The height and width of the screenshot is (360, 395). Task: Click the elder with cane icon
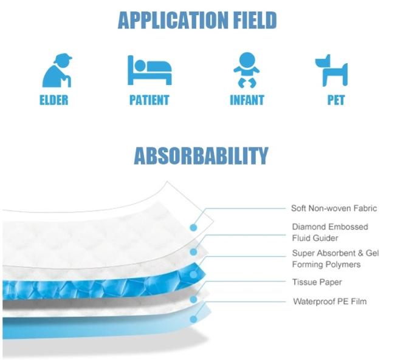click(x=57, y=70)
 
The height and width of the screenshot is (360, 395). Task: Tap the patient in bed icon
click(x=149, y=70)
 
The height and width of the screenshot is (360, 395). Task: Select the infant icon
click(x=247, y=70)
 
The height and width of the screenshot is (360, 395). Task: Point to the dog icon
click(x=332, y=70)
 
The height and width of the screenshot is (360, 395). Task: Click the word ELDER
click(x=54, y=100)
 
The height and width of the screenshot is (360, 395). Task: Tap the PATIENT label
click(x=149, y=100)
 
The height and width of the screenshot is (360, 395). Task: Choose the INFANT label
click(x=247, y=100)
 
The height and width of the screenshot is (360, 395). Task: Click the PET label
click(x=336, y=100)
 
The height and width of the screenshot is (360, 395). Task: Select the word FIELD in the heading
click(x=255, y=20)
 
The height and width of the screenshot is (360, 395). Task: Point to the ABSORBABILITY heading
click(x=201, y=156)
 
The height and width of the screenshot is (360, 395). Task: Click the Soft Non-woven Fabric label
click(x=334, y=208)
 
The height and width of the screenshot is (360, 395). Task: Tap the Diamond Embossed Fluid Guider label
click(x=330, y=233)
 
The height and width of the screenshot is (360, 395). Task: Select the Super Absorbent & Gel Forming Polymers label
click(x=335, y=259)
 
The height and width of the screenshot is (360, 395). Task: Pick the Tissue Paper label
click(x=317, y=282)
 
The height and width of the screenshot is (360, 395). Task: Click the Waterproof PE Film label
click(x=330, y=301)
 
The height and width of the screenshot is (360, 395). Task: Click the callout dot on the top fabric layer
click(x=193, y=228)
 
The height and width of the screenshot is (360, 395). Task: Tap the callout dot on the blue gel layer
click(x=193, y=274)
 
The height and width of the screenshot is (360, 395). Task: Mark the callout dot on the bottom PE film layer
click(x=193, y=319)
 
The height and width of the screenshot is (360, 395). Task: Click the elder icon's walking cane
click(x=68, y=81)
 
